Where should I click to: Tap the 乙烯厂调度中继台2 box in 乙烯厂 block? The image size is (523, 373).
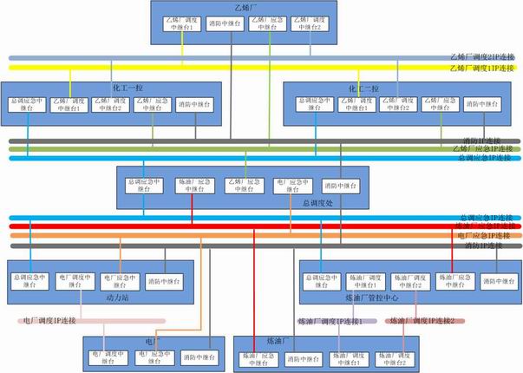pos(309,23)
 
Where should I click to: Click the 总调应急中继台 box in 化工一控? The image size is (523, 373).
pos(27,105)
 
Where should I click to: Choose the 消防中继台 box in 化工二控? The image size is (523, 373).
pos(484,104)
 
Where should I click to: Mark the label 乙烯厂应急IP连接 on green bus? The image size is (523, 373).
pos(484,148)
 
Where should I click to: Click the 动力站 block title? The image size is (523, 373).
pos(105,298)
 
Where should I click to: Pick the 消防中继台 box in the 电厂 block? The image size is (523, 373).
pos(201,357)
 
